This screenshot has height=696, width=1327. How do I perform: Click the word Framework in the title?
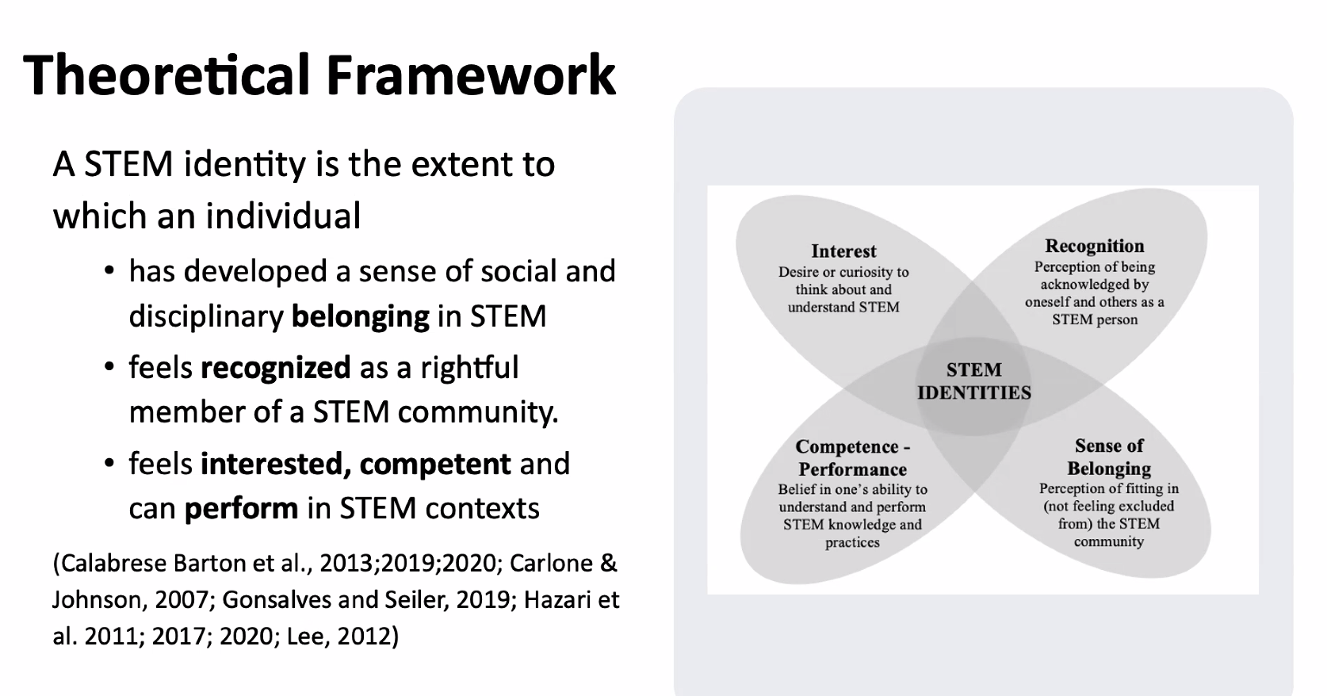pos(472,75)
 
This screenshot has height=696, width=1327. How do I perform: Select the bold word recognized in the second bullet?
pos(276,368)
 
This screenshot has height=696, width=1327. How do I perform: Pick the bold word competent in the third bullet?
pos(435,464)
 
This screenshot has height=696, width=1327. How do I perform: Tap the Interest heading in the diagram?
pos(843,251)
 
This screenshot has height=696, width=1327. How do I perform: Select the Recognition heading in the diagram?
pos(1094,246)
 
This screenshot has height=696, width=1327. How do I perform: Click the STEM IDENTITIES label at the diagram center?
pos(974,381)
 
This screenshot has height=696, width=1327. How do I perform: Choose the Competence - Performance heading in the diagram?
pos(852,458)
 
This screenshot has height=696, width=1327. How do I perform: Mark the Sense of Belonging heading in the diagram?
pos(1109,457)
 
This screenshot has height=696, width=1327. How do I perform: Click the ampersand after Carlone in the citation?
pos(609,564)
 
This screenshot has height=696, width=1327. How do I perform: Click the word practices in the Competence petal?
pos(852,543)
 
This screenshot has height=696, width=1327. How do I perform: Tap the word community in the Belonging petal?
pos(1108,542)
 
